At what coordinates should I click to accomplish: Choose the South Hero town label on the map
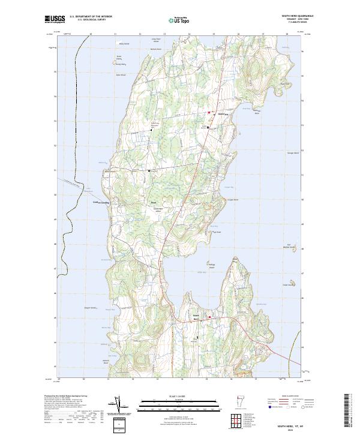point(196,316)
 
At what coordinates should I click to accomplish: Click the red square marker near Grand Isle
point(209,113)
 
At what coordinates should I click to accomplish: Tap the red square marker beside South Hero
point(209,317)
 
